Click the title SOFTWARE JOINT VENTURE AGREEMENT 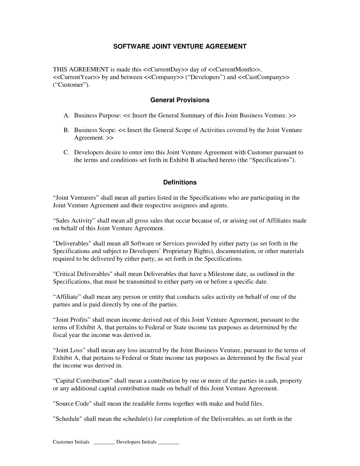coord(180,46)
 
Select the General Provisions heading coord(180,100)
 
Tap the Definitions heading coord(180,183)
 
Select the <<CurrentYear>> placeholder coord(77,77)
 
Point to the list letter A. coord(66,115)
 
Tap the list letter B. coord(66,130)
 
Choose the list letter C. coord(66,153)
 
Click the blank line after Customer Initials coord(104,442)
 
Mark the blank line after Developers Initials coord(169,442)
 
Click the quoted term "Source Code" coord(72,404)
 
